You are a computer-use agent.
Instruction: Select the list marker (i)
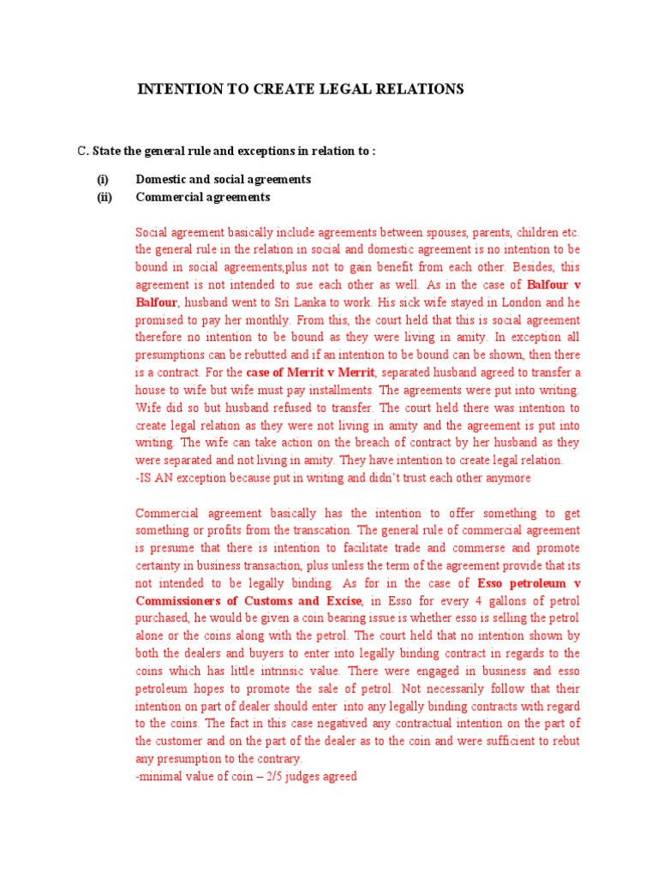coord(103,180)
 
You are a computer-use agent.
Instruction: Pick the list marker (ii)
coord(104,197)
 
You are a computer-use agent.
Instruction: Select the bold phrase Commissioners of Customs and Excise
coord(248,601)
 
